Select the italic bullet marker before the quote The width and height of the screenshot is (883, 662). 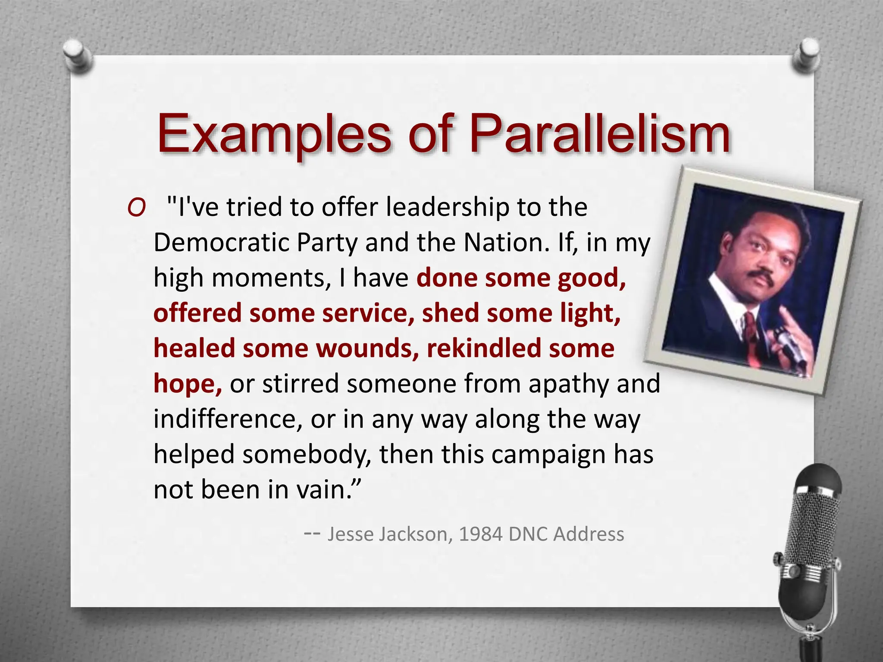tap(136, 209)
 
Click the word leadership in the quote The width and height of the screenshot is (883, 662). tap(447, 207)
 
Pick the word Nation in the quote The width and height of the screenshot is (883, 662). tap(507, 243)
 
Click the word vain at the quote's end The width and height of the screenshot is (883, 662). tap(321, 490)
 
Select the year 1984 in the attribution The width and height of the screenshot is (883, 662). tap(480, 534)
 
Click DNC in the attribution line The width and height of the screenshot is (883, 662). tap(528, 534)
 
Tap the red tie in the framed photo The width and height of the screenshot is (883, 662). tap(751, 332)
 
